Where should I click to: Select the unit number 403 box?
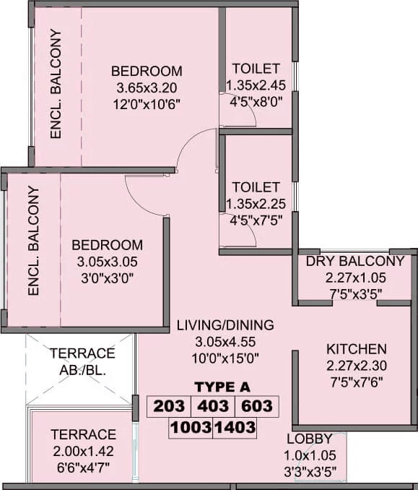tap(212, 406)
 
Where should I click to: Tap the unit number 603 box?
tap(256, 406)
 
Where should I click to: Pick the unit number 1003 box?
tap(191, 428)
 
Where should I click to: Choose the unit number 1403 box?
tap(235, 428)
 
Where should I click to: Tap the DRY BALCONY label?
tap(355, 261)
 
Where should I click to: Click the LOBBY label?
tap(309, 439)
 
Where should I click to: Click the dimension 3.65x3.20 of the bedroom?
tap(147, 87)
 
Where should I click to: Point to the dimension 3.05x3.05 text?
tap(107, 262)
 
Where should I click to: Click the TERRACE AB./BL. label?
tap(82, 361)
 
